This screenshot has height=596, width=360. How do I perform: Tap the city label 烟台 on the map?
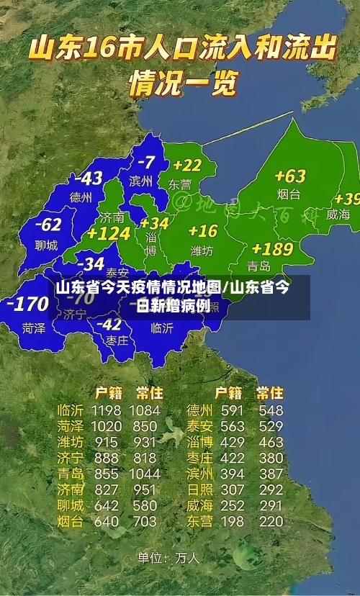(289, 194)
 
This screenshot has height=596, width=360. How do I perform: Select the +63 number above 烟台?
(290, 176)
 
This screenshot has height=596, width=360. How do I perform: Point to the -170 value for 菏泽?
(27, 304)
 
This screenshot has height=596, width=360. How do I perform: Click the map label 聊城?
(46, 245)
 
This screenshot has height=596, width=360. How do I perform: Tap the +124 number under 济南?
(108, 234)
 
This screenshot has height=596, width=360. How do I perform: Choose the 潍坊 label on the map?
(202, 251)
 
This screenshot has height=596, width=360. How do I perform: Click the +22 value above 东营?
(186, 166)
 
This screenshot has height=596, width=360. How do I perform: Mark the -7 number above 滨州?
(146, 162)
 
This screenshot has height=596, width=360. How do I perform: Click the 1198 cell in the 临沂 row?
(105, 410)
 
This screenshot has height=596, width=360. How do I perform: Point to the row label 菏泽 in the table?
(71, 426)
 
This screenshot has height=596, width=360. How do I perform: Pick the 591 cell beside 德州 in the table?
(232, 410)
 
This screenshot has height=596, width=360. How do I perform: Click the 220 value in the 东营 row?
(271, 521)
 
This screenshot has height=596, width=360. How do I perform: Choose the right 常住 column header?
(270, 393)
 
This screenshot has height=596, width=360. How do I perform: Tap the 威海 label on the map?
(338, 215)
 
